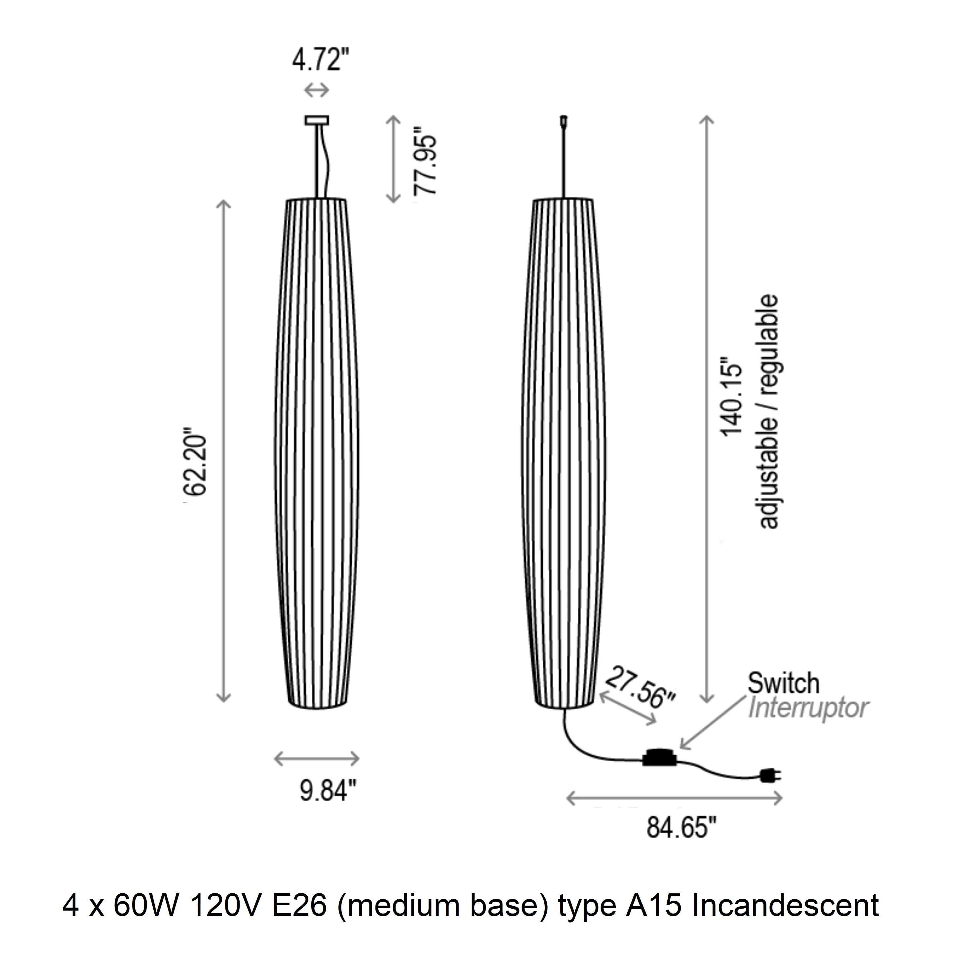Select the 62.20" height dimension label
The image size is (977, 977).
(195, 464)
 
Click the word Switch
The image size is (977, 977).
(783, 683)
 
